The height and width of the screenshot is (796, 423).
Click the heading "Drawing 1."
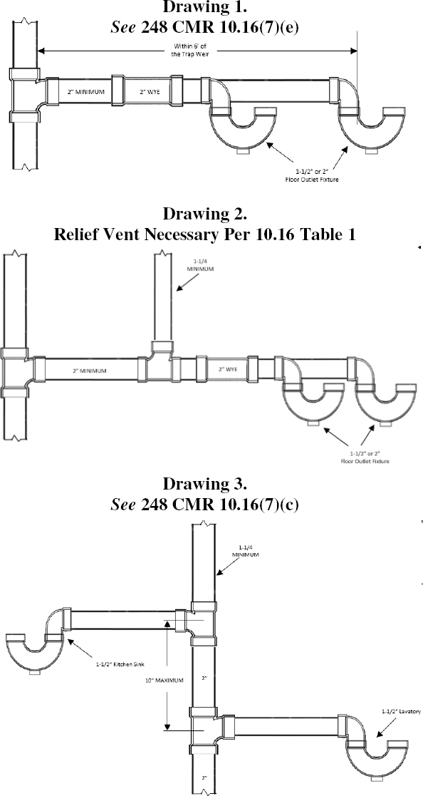pyautogui.click(x=205, y=7)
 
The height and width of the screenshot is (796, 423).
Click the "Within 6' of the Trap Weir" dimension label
pyautogui.click(x=189, y=51)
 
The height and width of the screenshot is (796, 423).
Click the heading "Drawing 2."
pyautogui.click(x=205, y=213)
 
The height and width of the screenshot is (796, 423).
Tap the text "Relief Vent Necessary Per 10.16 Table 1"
pyautogui.click(x=205, y=234)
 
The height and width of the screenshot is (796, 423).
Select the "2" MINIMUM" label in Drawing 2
pyautogui.click(x=89, y=371)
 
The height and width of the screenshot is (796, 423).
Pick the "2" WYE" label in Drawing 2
pyautogui.click(x=228, y=370)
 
